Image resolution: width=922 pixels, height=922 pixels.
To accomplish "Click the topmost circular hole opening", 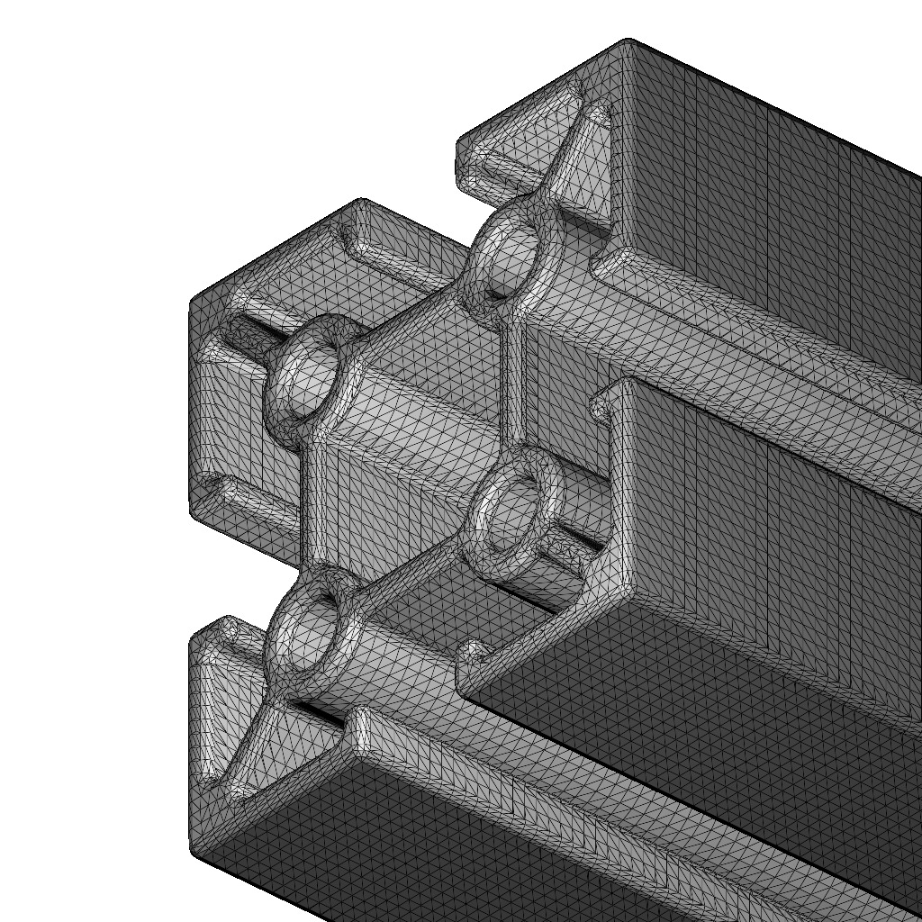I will point(506,257).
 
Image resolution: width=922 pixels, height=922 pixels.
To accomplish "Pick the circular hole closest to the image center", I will point(508,516).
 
